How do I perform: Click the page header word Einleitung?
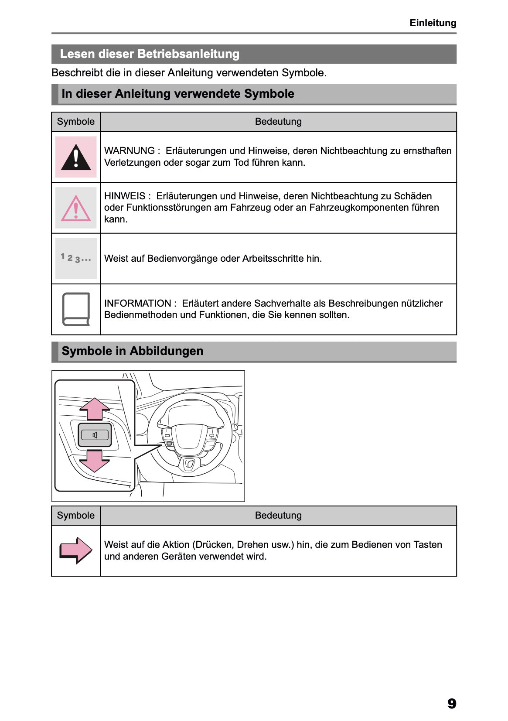[433, 23]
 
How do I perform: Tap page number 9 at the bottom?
[451, 703]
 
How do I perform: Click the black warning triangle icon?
[76, 157]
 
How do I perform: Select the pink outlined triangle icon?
[76, 208]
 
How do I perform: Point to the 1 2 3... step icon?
[76, 258]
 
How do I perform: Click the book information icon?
[76, 309]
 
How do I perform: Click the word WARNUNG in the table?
[130, 151]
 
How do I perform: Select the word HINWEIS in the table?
[125, 196]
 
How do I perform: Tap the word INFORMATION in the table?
[138, 304]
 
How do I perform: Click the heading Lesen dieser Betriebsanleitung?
[150, 54]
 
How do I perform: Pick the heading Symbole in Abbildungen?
[133, 351]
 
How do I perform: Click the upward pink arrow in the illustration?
[95, 409]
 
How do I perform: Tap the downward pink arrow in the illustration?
[95, 461]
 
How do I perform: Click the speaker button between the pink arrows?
[95, 435]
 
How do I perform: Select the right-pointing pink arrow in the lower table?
[76, 550]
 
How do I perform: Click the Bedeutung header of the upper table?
[278, 122]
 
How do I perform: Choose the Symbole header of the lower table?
[76, 516]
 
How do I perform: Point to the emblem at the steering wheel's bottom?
[190, 464]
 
